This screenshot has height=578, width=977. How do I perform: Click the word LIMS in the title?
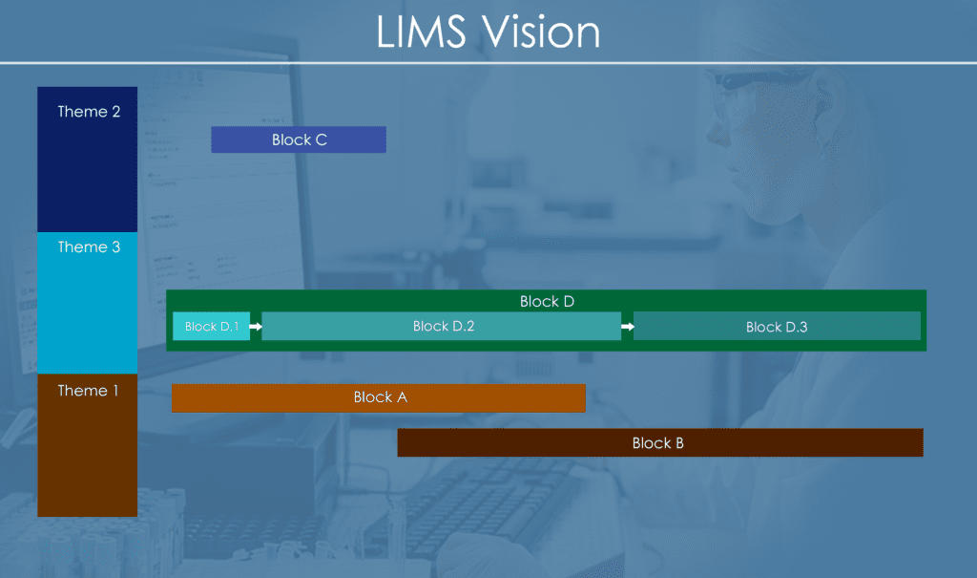pyautogui.click(x=422, y=32)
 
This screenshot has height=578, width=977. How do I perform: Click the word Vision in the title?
pyautogui.click(x=541, y=32)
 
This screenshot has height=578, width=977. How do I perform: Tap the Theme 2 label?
pyautogui.click(x=89, y=112)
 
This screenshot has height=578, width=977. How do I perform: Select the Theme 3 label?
pyautogui.click(x=89, y=247)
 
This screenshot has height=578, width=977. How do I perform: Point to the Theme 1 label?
pyautogui.click(x=89, y=391)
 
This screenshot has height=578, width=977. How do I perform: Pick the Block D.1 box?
pyautogui.click(x=211, y=326)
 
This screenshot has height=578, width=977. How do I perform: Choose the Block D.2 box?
pyautogui.click(x=442, y=326)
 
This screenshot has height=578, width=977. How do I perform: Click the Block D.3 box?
pyautogui.click(x=777, y=327)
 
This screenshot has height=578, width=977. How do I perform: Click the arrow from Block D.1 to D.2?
pyautogui.click(x=256, y=327)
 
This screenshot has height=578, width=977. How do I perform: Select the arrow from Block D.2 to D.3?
pyautogui.click(x=627, y=327)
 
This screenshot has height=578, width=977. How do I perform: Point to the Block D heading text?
pyautogui.click(x=547, y=302)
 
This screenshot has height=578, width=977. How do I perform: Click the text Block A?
pyautogui.click(x=380, y=397)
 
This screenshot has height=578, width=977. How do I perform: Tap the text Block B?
pyautogui.click(x=657, y=443)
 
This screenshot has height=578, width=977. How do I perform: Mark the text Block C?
pyautogui.click(x=299, y=139)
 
